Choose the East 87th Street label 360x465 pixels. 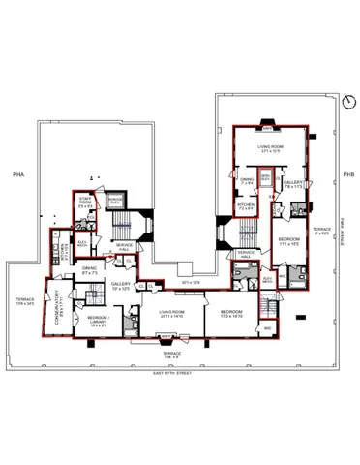pos(190,374)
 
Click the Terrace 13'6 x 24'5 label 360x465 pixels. pos(22,301)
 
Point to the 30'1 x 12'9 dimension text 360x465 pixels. pos(190,282)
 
